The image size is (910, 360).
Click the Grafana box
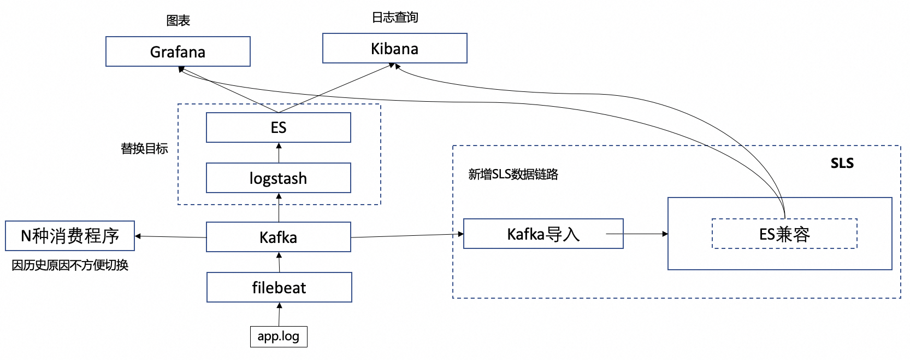pyautogui.click(x=178, y=51)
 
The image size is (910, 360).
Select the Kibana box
pyautogui.click(x=394, y=48)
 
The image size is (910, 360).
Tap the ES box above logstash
pyautogui.click(x=278, y=127)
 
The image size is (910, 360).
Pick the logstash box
pyautogui.click(x=278, y=178)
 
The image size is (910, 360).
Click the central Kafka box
pyautogui.click(x=278, y=237)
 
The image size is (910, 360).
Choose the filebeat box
pyautogui.click(x=279, y=287)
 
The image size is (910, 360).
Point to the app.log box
pyautogui.click(x=279, y=336)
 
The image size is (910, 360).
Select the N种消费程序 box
pyautogui.click(x=70, y=236)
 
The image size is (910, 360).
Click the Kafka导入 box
pyautogui.click(x=543, y=234)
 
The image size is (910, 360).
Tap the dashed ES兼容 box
pyautogui.click(x=784, y=234)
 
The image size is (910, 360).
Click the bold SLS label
pyautogui.click(x=842, y=163)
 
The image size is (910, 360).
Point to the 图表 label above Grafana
pyautogui.click(x=178, y=21)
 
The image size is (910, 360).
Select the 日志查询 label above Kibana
pyautogui.click(x=394, y=18)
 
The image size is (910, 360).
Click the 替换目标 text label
pyautogui.click(x=144, y=148)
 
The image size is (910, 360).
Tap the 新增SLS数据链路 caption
pyautogui.click(x=513, y=175)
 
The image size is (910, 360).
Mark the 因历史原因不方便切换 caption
pyautogui.click(x=70, y=265)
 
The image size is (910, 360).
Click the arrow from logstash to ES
pyautogui.click(x=279, y=153)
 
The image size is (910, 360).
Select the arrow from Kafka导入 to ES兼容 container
pyautogui.click(x=639, y=234)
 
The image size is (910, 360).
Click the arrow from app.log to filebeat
pyautogui.click(x=279, y=315)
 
